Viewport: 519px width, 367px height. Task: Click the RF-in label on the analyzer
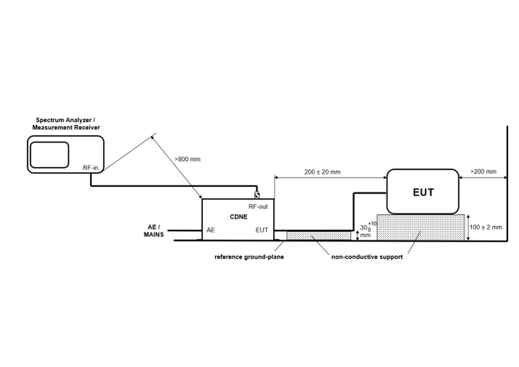(90, 168)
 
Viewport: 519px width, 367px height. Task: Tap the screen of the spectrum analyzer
(49, 155)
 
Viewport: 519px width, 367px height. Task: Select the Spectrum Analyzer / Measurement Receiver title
(66, 124)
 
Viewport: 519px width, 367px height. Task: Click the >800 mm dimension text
(187, 159)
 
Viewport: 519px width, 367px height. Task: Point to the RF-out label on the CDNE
(258, 207)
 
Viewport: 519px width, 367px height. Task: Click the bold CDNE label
(239, 217)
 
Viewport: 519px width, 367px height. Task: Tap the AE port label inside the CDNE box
(210, 230)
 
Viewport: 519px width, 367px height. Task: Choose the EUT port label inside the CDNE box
(262, 230)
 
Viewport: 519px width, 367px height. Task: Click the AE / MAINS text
(154, 231)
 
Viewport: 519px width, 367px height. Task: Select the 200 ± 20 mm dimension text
(322, 172)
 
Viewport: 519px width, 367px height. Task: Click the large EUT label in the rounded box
(423, 193)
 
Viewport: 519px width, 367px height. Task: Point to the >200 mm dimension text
(483, 172)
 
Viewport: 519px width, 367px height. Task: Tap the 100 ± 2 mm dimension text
(486, 227)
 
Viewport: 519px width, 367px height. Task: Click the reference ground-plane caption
(249, 257)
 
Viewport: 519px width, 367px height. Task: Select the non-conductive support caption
(367, 257)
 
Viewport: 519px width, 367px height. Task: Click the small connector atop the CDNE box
(257, 195)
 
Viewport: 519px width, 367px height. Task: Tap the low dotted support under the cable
(318, 236)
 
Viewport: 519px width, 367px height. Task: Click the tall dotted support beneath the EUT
(420, 227)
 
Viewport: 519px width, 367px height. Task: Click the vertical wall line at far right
(507, 183)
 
